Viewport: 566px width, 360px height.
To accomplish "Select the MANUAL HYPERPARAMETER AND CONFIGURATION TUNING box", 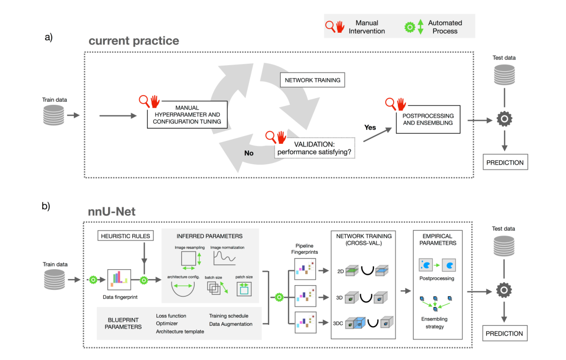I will point(187,115).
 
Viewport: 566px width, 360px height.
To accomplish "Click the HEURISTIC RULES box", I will point(125,235).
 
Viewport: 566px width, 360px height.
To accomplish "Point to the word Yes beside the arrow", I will point(370,127).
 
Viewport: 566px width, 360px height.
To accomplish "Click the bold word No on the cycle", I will point(249,152).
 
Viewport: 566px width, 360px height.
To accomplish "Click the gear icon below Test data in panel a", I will point(504,120).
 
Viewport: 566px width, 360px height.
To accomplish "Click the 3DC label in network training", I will point(338,323).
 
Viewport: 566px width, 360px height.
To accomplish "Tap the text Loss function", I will point(171,316).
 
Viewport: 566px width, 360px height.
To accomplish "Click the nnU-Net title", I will point(112,212).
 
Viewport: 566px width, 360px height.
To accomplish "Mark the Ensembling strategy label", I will point(434,323).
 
